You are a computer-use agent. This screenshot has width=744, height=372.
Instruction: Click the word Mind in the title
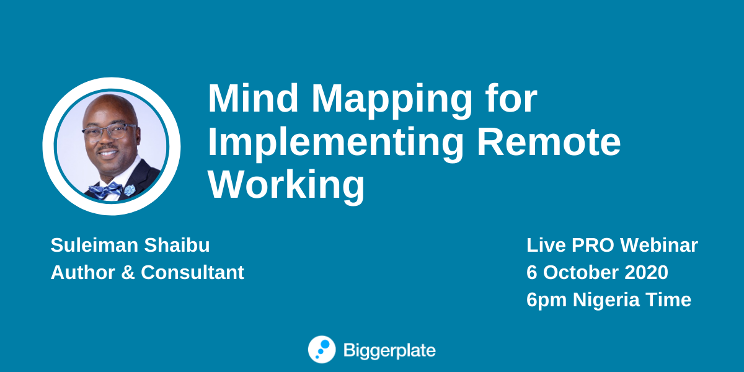point(253,99)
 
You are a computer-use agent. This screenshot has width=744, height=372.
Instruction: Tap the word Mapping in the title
point(392,101)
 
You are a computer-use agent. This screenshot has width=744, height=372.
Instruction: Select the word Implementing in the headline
point(336,144)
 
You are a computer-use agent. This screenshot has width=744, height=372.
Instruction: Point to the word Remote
point(549,142)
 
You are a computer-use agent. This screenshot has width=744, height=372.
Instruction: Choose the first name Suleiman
point(94,245)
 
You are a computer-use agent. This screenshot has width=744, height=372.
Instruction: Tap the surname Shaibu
point(177,245)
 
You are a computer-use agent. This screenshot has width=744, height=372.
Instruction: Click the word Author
point(82,273)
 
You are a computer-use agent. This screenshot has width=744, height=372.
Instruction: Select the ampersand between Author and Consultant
point(128,273)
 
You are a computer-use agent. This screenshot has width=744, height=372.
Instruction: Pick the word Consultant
point(192,273)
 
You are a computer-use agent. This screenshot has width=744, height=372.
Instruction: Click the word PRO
point(593,245)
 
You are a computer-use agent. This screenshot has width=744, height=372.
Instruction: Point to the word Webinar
point(659,245)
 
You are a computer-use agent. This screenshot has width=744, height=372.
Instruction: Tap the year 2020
point(646,273)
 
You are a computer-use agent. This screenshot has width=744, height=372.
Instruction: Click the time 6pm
point(546,301)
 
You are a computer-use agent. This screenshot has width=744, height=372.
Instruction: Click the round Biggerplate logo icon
point(322,350)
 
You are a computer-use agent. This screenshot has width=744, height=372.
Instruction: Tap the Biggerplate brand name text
point(389,351)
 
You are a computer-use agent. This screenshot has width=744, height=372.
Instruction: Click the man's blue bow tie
point(105,191)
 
